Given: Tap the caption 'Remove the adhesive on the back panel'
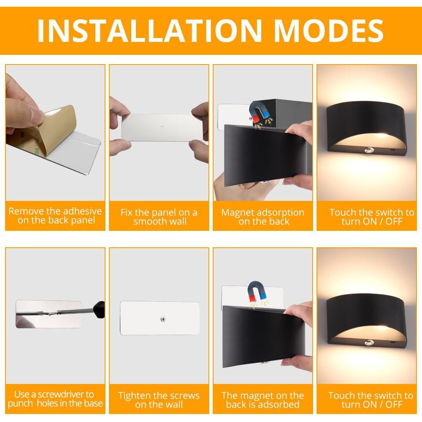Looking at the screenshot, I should click(55, 216).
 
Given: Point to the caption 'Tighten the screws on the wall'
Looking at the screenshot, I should click(159, 400).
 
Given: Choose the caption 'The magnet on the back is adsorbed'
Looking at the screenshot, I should click(262, 400).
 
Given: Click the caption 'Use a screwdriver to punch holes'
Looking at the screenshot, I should click(55, 399).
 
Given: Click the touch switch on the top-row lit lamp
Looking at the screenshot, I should click(370, 150).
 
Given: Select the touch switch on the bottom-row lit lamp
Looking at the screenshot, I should click(370, 342).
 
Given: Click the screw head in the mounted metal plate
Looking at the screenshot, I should click(163, 319).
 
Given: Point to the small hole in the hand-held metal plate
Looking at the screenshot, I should click(162, 126).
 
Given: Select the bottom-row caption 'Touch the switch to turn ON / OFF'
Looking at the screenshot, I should click(370, 400).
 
